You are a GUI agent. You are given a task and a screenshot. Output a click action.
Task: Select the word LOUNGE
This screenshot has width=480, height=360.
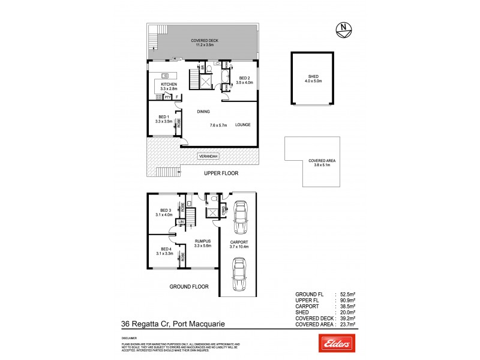pos(242,125)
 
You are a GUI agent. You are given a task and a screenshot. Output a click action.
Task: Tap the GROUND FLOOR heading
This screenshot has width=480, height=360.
pos(188,287)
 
